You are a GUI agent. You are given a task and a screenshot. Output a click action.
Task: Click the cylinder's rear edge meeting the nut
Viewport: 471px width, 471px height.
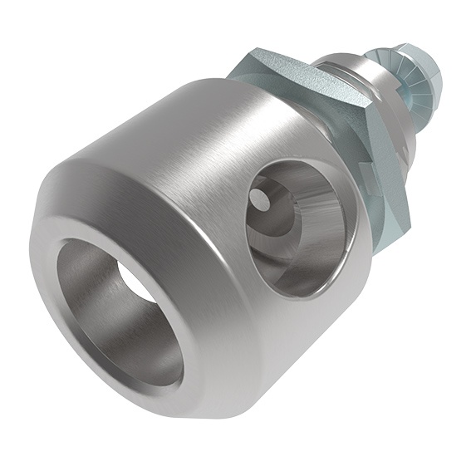[x=332, y=133]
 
